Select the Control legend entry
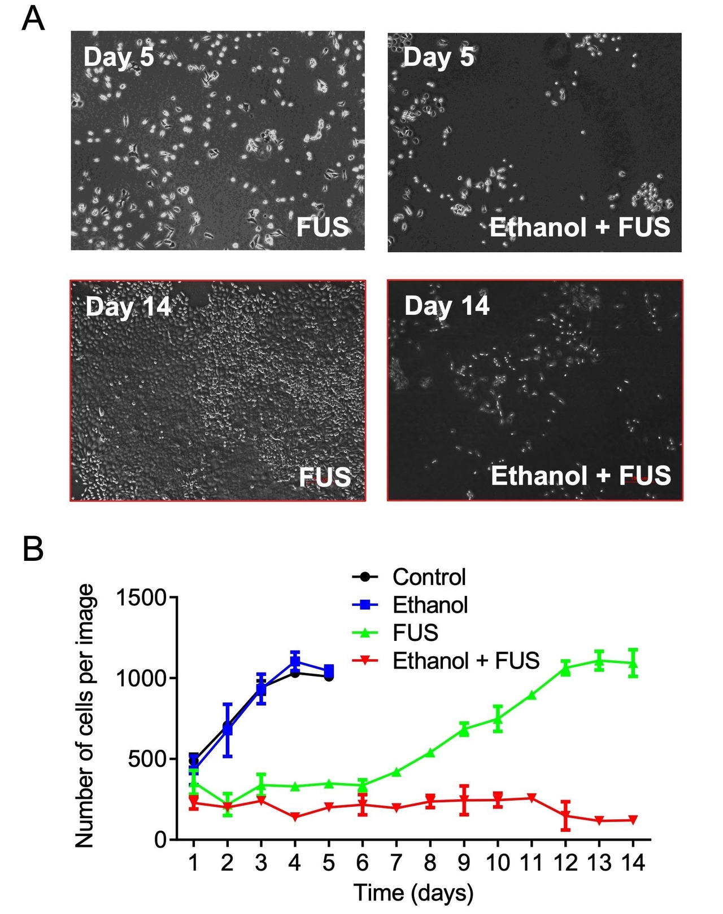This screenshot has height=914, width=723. (429, 577)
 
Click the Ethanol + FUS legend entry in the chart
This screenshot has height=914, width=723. (466, 661)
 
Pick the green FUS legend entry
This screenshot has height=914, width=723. (415, 633)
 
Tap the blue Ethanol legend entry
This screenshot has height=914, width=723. (430, 605)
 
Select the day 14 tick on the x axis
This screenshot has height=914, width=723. (633, 863)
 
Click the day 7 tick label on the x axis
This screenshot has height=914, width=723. (396, 863)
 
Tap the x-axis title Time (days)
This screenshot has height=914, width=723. (413, 893)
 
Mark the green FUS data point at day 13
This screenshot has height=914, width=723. (599, 661)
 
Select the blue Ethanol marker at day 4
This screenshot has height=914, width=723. (295, 661)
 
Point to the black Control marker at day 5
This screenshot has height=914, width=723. (329, 676)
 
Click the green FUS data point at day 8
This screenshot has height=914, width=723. (430, 753)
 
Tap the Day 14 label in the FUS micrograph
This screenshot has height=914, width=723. (128, 306)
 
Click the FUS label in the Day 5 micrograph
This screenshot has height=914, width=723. (323, 227)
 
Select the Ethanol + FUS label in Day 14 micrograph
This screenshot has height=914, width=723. (581, 476)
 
